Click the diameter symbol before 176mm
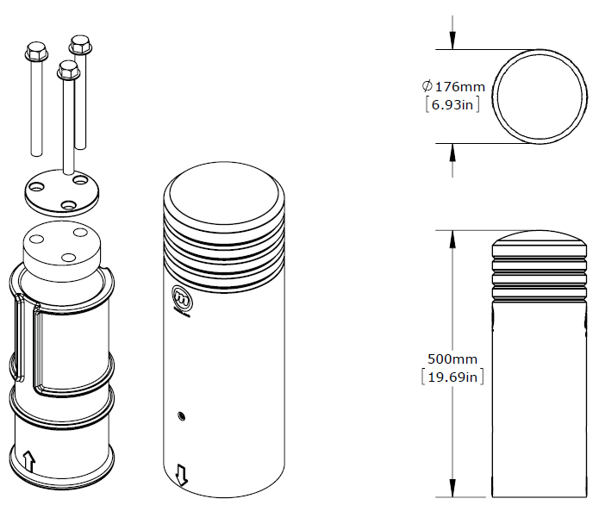[x=427, y=87]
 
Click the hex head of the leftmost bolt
[x=36, y=52]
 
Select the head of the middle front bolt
[x=68, y=70]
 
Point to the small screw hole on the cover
[x=180, y=416]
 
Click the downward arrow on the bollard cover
[x=182, y=473]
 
